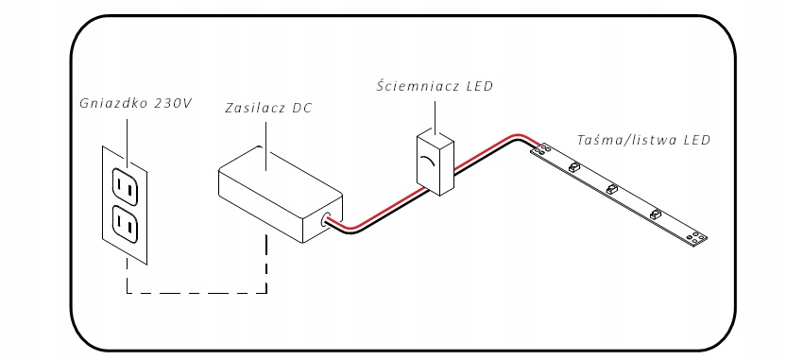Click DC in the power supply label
(x=301, y=109)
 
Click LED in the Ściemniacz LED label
(x=480, y=86)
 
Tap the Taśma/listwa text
(x=625, y=140)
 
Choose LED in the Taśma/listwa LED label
(x=697, y=140)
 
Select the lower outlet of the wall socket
(x=126, y=225)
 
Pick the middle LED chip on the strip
(x=612, y=188)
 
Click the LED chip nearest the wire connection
(x=574, y=167)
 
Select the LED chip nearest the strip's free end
(x=655, y=213)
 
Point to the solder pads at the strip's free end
(x=695, y=236)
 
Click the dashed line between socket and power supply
(x=196, y=293)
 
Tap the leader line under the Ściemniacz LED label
(x=436, y=118)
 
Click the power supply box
(x=281, y=194)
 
